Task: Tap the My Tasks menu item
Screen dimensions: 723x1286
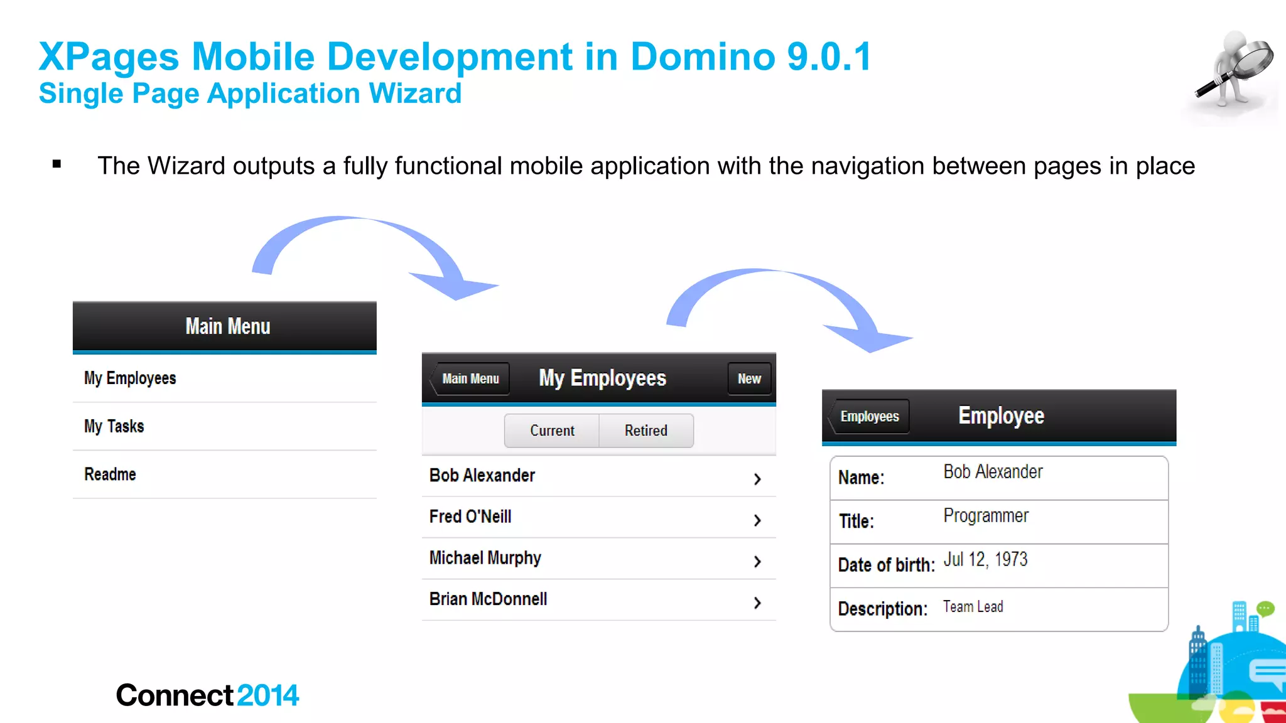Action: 114,426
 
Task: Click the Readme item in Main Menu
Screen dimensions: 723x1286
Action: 111,474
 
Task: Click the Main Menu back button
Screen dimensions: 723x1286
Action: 470,378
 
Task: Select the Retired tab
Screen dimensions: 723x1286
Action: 646,431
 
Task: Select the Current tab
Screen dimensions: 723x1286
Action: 552,431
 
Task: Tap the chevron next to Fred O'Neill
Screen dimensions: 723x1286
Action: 757,520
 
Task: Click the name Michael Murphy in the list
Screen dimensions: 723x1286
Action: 485,558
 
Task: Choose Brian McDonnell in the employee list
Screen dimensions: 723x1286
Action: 488,599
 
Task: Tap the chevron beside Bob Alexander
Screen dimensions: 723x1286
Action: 757,479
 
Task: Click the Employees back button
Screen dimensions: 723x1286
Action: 869,416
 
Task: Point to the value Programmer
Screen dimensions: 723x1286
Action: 986,516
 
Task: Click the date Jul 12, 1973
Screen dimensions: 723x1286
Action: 985,559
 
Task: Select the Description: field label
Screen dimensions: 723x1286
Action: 882,609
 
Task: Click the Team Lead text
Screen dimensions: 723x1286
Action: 973,607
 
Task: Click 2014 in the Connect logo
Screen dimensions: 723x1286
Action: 267,695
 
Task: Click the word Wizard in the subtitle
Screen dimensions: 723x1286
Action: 415,94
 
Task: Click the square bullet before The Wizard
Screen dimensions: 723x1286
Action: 57,164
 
